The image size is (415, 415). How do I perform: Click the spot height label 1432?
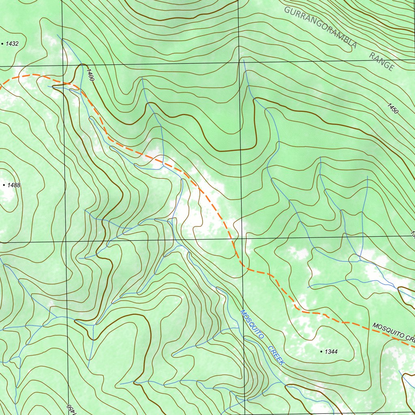click(12, 44)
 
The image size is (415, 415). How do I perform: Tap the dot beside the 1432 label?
click(4, 43)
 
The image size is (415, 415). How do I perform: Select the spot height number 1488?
click(14, 185)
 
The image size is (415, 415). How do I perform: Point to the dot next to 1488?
click(4, 185)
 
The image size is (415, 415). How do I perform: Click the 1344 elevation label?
click(331, 352)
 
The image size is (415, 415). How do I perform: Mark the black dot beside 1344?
click(321, 351)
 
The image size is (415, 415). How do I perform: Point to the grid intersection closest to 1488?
click(66, 242)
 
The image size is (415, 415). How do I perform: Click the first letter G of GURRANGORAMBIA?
click(287, 10)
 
